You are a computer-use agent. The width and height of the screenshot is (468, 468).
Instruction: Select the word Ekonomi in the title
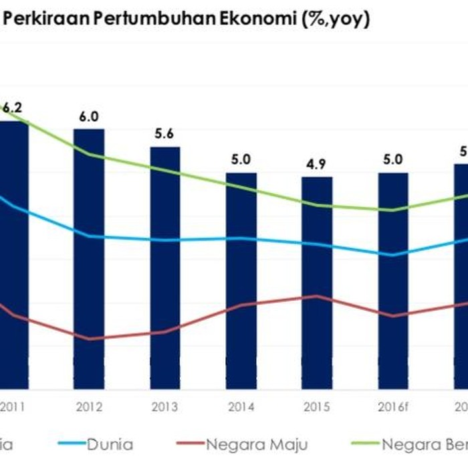(x=225, y=19)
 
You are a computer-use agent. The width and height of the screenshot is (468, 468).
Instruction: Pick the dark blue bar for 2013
(x=165, y=268)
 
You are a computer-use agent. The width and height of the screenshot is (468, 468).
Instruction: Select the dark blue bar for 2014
(x=241, y=281)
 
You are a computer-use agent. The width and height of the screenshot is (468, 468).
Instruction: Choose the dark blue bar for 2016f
(x=393, y=281)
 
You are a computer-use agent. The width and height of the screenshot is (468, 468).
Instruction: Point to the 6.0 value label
(x=89, y=116)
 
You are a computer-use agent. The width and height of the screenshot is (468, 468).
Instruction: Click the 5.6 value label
(x=164, y=133)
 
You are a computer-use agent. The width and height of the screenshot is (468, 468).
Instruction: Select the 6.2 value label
(x=13, y=107)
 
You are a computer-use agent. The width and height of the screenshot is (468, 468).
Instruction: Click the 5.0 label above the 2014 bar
(x=241, y=159)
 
